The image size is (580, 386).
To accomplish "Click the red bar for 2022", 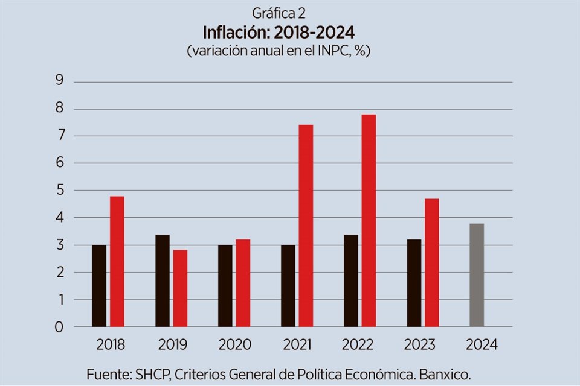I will (369, 221).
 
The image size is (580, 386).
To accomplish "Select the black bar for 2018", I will (99, 286).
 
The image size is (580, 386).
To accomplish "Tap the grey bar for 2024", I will (477, 275).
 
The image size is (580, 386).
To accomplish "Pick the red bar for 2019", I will (180, 288).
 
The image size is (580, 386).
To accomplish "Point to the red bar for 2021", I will (306, 226).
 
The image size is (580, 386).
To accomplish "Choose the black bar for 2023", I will (414, 283).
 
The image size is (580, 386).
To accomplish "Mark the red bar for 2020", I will (243, 283).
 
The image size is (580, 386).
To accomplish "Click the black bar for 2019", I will (163, 280).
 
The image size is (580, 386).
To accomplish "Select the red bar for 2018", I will (117, 261).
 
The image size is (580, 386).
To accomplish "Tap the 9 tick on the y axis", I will (59, 81).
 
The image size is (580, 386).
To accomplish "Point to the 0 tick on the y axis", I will (59, 327).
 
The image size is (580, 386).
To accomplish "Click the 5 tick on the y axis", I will (59, 191).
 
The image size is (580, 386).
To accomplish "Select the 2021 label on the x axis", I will (297, 344).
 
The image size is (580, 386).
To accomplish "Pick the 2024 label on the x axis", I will (482, 344).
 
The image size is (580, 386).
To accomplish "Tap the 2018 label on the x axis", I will (111, 344).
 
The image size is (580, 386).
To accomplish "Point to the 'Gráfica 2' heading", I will (278, 12).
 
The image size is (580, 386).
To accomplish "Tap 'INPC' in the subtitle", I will (326, 51).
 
